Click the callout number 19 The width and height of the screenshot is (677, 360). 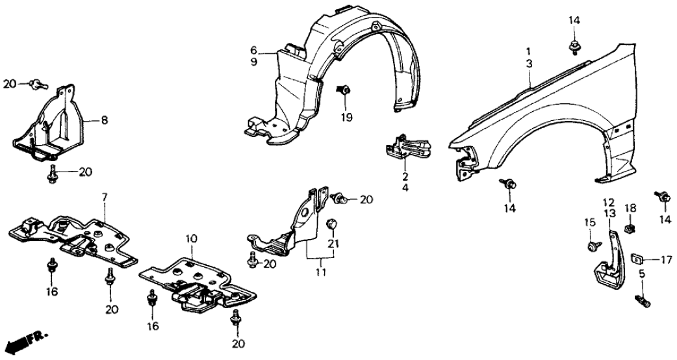point(346,118)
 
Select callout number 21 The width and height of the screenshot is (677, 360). point(335,243)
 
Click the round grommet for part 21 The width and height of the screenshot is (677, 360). point(331,224)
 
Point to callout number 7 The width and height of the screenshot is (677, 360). point(103,196)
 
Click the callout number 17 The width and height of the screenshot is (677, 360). point(666,260)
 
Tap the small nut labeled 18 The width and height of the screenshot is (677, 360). point(629,229)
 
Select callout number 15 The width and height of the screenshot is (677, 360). point(589,223)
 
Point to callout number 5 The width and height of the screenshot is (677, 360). point(642,275)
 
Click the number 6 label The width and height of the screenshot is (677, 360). point(254,50)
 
